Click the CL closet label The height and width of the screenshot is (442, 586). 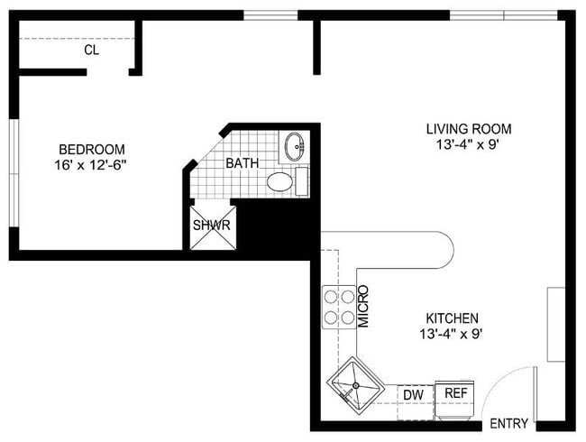91,51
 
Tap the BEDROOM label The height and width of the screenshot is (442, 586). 91,149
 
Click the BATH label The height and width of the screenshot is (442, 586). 242,163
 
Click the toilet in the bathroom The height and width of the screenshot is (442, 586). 282,181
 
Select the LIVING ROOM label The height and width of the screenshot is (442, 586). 469,129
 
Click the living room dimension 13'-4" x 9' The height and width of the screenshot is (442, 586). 469,144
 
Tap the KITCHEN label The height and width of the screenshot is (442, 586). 452,318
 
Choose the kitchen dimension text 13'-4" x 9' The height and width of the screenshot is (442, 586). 452,334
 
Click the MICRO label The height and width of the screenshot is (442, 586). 364,308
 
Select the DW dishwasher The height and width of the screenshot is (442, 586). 415,394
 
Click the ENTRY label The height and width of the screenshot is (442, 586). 508,424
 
